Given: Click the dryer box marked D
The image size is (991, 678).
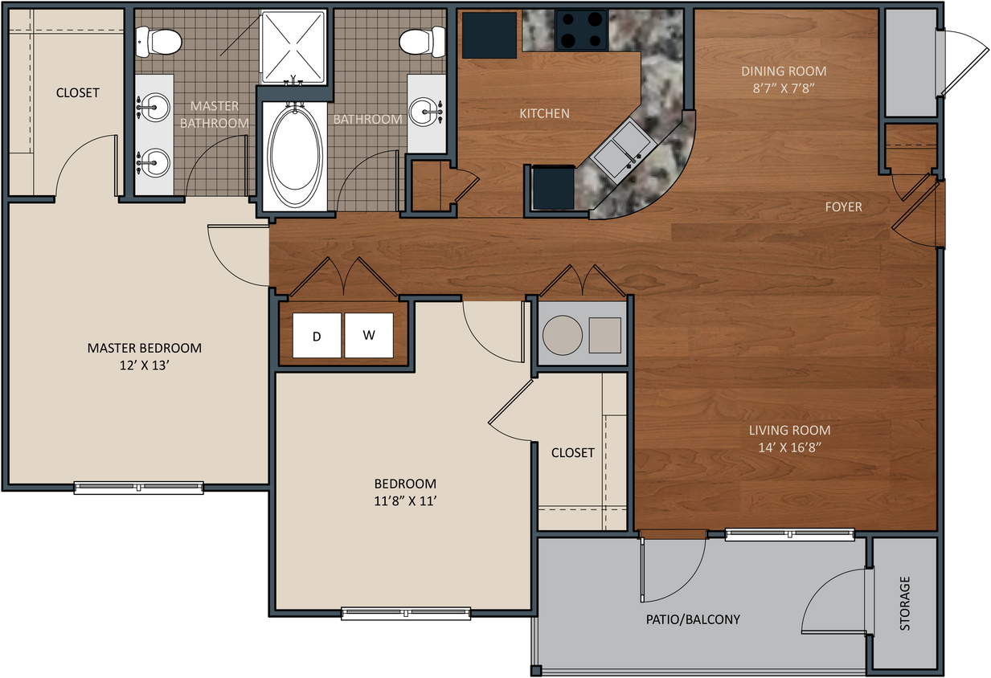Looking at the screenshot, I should pos(317,335).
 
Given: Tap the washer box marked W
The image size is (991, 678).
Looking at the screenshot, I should pos(369,335).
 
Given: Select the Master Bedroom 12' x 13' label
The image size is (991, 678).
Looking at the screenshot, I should pos(145,357).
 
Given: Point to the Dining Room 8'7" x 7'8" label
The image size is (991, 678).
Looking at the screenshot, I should pos(784,80).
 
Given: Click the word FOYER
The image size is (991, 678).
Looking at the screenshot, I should pos(843,207).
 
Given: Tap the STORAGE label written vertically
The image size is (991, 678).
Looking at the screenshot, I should pos(905,602).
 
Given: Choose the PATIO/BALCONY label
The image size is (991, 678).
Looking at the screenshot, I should pos(693,619).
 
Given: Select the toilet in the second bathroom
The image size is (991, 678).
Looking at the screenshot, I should pos(423,40).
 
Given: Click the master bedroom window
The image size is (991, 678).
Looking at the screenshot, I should pos(139,487).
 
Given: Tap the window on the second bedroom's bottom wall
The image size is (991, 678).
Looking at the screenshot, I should pos(406,613).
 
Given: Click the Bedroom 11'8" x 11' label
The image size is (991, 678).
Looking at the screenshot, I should pos(405,492).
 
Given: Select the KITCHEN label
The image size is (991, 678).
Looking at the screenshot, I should pos(544,113).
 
